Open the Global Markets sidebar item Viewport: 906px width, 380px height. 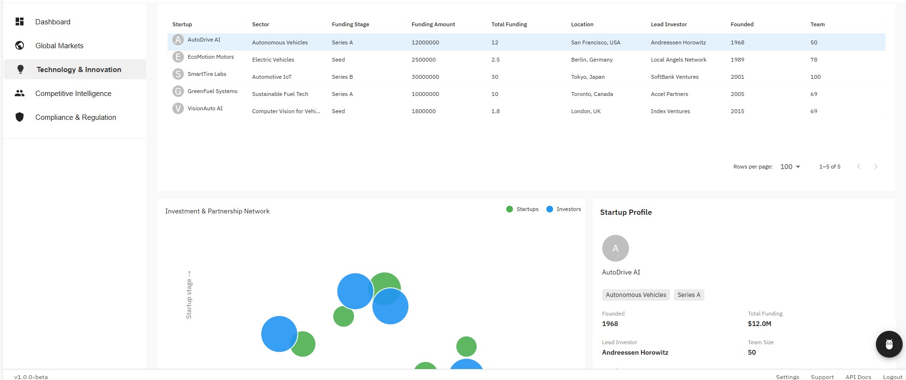59,46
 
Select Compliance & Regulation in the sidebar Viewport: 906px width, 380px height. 75,117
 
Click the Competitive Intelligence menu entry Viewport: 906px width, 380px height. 73,94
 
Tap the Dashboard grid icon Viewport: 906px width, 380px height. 20,21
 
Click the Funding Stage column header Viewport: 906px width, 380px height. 350,24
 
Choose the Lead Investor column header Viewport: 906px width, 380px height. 669,24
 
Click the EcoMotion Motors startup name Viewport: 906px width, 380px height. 211,57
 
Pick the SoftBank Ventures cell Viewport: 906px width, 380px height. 674,77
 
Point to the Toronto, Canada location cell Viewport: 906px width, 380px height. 592,94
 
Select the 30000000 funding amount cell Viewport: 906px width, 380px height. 425,77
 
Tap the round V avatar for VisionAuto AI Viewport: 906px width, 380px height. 178,108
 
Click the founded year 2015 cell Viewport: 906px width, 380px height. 737,111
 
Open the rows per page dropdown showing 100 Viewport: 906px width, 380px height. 790,167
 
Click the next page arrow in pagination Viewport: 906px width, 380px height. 875,167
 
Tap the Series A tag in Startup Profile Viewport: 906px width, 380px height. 689,295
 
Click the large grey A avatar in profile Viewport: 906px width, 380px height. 615,248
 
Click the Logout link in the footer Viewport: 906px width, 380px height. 892,377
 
